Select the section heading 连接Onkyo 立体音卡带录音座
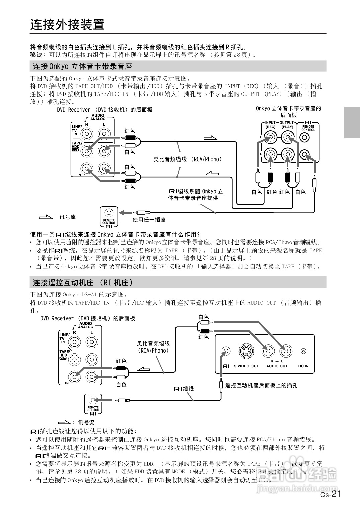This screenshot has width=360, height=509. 82,66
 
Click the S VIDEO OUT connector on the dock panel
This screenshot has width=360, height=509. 246,351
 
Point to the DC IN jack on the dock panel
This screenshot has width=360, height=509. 303,351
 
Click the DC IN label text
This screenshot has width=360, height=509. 303,366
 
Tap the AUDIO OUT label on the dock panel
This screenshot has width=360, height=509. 277,366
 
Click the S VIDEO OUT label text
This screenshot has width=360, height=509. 246,366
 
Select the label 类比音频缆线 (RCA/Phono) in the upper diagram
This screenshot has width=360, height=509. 188,160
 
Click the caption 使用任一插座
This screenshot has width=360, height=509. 149,220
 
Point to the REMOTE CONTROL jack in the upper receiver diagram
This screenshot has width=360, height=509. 109,213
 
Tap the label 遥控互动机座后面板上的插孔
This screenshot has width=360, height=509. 261,385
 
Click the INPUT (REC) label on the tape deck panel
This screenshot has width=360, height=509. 270,125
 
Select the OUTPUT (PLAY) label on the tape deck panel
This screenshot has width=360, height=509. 287,125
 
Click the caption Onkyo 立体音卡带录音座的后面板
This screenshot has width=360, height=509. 288,111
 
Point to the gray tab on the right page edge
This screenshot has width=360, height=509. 352,122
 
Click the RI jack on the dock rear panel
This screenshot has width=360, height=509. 226,351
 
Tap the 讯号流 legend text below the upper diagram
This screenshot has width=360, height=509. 67,217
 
